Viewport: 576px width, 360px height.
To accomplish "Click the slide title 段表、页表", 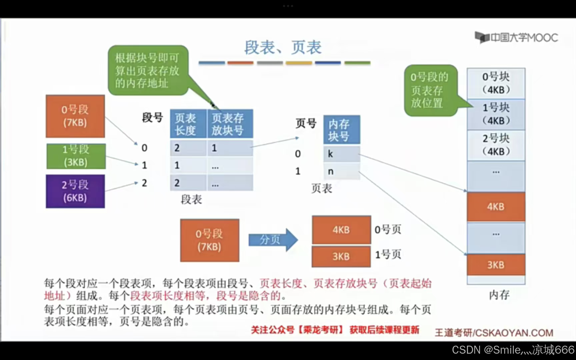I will pos(283,47).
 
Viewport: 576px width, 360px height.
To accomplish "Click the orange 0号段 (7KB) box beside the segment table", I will pos(75,116).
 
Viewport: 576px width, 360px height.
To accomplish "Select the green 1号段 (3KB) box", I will pos(76,156).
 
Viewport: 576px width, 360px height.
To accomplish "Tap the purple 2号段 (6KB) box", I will pos(75,191).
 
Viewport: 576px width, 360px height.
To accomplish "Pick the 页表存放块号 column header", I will pos(230,124).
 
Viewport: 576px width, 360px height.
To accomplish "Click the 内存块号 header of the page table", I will pos(341,130).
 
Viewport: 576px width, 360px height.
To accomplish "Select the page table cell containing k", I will pos(341,154).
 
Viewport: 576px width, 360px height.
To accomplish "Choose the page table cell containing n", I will pos(341,171).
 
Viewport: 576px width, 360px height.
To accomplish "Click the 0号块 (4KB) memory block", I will pos(496,83).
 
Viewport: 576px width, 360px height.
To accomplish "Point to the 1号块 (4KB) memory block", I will pos(496,114).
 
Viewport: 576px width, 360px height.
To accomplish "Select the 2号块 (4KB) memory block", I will pos(496,145).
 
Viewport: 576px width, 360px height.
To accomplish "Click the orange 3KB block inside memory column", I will pos(496,265).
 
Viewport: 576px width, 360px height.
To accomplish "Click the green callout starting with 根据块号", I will pos(148,70).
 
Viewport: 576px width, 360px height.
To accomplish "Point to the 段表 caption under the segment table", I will pos(191,200).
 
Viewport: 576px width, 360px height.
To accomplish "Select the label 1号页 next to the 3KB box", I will pos(388,255).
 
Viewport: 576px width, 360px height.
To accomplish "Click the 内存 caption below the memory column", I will pos(499,295).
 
